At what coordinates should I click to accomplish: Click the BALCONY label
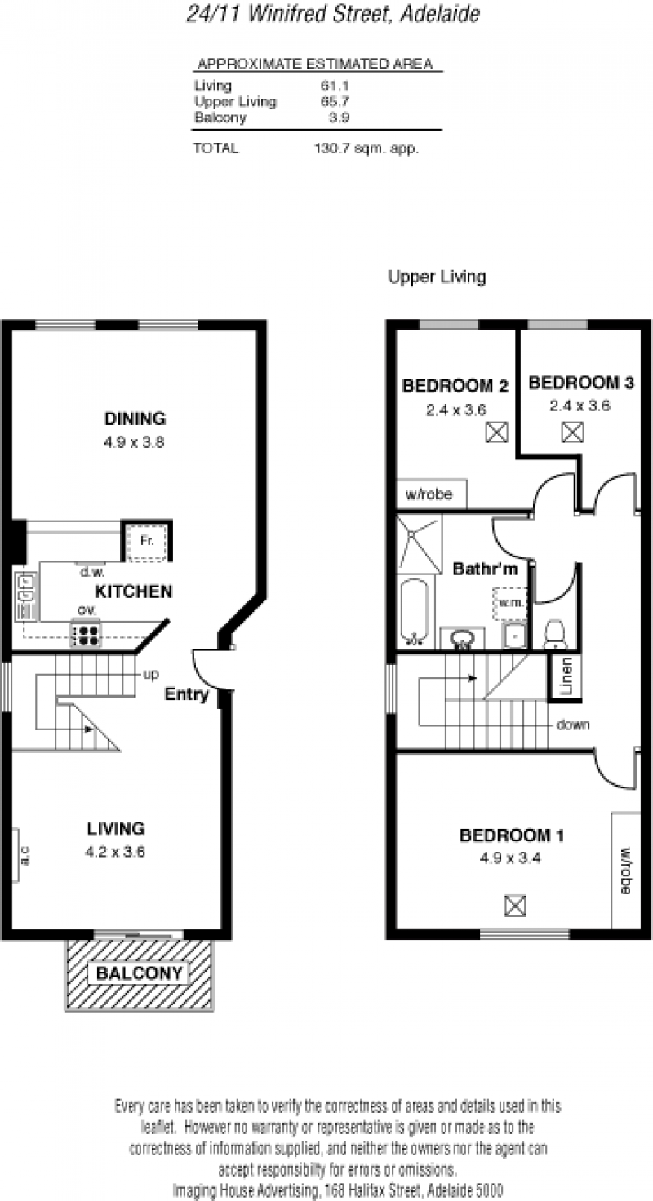[140, 973]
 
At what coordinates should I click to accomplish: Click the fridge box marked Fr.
[146, 542]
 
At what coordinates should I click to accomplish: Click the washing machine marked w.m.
[510, 603]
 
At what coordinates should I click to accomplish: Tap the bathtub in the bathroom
[414, 612]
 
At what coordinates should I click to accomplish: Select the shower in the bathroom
[419, 544]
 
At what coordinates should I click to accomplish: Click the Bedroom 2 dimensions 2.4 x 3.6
[456, 410]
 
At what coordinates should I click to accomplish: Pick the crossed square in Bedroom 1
[515, 906]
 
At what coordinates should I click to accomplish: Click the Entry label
[186, 694]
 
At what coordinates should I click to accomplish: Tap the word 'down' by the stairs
[573, 725]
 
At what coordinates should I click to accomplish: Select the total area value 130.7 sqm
[366, 148]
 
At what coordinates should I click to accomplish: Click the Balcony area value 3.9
[339, 117]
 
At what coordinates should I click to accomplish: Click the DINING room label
[135, 419]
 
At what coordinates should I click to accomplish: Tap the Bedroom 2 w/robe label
[429, 494]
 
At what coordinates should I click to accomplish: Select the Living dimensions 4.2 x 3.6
[115, 852]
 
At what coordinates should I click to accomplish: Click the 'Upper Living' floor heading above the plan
[437, 277]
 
